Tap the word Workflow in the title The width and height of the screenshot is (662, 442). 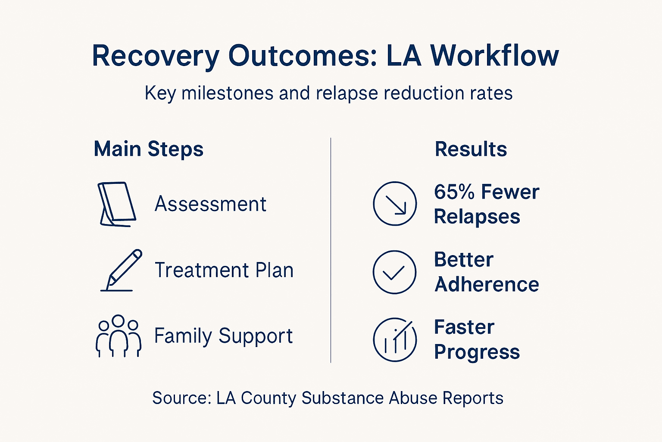click(x=494, y=56)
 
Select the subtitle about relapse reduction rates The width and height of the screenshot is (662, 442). click(x=328, y=93)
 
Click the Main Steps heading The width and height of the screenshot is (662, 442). click(x=148, y=149)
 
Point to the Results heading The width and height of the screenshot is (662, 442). click(x=471, y=149)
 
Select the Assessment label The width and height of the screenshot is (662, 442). click(x=210, y=204)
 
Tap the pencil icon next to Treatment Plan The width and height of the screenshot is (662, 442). click(x=122, y=270)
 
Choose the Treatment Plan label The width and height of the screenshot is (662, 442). click(x=224, y=270)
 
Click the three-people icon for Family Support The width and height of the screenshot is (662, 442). click(x=118, y=336)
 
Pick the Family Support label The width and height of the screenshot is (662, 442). click(x=223, y=336)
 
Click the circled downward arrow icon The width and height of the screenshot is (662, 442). click(x=394, y=203)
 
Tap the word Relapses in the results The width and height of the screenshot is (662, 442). click(x=477, y=217)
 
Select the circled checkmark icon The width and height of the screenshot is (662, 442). click(x=394, y=272)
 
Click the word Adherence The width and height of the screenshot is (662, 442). click(x=487, y=284)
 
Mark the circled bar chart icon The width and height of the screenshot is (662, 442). click(x=394, y=340)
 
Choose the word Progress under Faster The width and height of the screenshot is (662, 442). click(x=477, y=352)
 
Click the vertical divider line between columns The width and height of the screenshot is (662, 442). click(x=331, y=250)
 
